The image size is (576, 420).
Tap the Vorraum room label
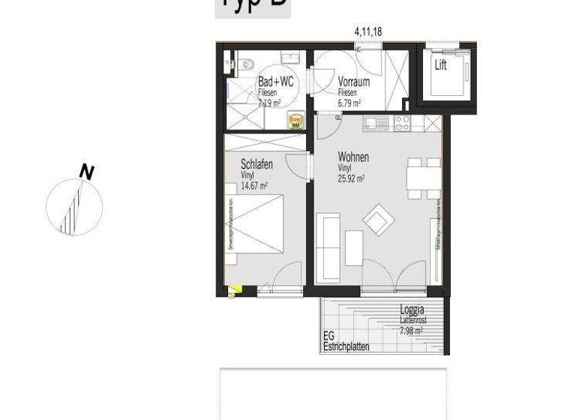coord(352,81)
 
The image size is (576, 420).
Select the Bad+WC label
coord(275,81)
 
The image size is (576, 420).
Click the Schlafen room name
coord(256,164)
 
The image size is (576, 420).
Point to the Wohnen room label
coord(353,157)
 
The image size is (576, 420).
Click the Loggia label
coord(412,310)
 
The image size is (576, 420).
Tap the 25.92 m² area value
coord(351,179)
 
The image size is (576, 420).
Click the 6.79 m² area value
coord(349,103)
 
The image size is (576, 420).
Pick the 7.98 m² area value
coord(411,330)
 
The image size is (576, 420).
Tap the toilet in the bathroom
coord(244,64)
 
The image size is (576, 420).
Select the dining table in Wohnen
coord(423,178)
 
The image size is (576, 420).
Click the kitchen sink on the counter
coord(375,121)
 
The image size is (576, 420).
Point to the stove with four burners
coord(402,121)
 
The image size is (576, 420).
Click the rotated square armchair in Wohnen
coord(377,220)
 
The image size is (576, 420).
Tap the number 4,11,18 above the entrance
coord(368,31)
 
